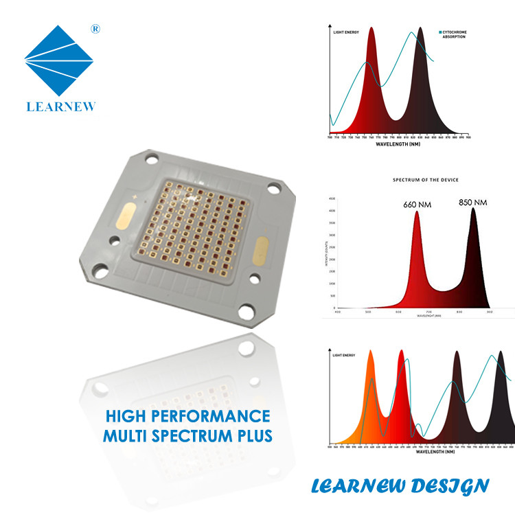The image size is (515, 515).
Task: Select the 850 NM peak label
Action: (x=473, y=203)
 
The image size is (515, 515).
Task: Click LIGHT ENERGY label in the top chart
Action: (x=345, y=32)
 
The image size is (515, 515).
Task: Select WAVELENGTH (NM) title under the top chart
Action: (x=398, y=144)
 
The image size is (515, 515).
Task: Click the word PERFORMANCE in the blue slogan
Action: (x=220, y=416)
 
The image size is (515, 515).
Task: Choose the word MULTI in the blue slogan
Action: (x=128, y=435)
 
